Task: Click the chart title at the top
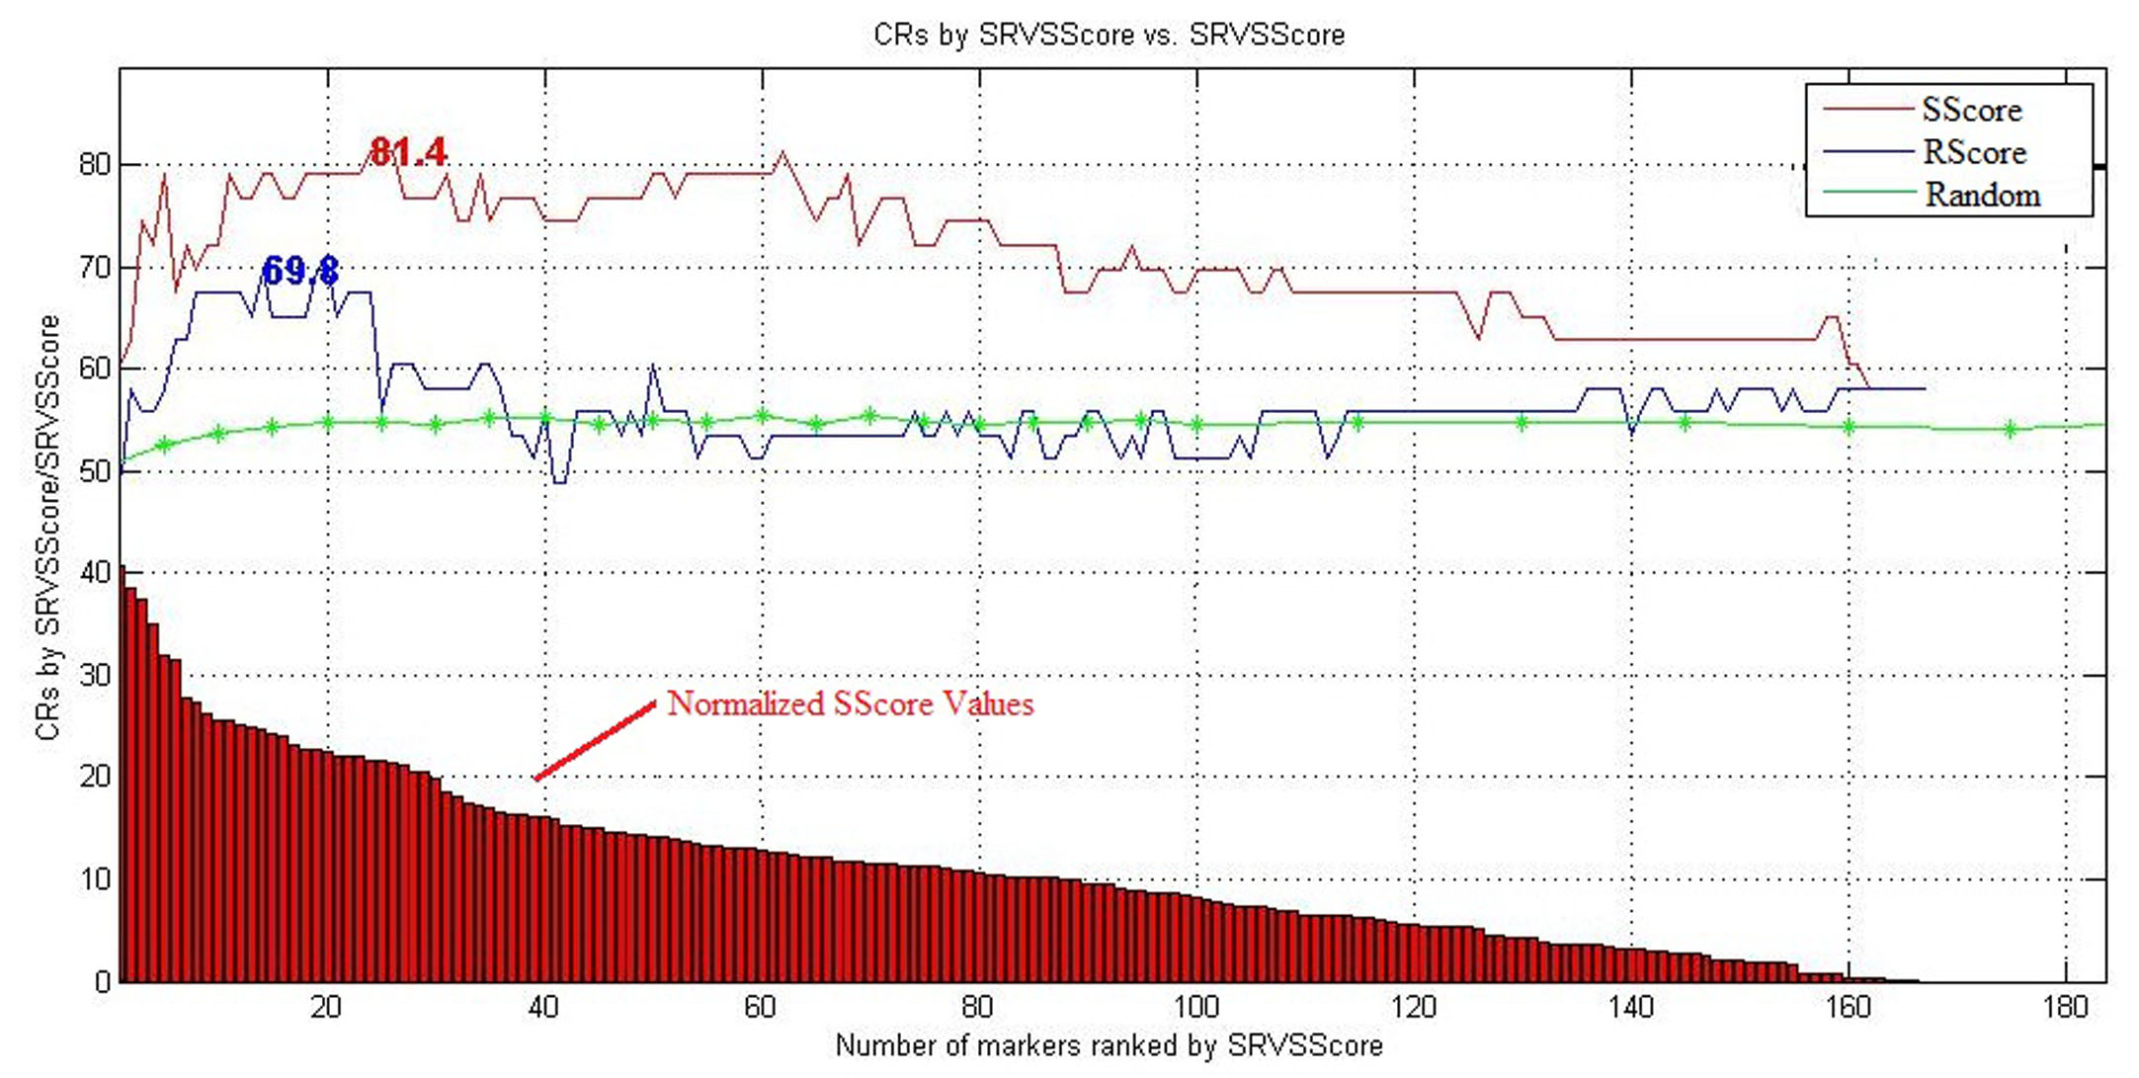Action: [x=1109, y=35]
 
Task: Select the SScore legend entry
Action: [x=1971, y=110]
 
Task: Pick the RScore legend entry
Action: [x=1973, y=152]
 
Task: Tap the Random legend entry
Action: [x=1982, y=195]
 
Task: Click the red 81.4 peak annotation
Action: [x=407, y=152]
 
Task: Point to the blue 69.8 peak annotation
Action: [x=300, y=270]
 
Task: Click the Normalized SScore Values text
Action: [x=850, y=704]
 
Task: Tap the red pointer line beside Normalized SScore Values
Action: [x=595, y=741]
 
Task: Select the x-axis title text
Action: [x=1109, y=1045]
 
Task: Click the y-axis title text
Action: [x=47, y=528]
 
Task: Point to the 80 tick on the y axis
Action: [x=95, y=164]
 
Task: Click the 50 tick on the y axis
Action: [x=95, y=471]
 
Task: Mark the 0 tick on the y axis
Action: [x=102, y=982]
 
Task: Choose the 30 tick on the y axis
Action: [x=95, y=676]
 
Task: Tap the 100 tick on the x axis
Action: [x=1195, y=1008]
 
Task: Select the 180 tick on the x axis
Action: [x=2065, y=1008]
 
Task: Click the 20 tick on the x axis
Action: [x=326, y=1008]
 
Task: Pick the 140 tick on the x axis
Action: [x=1630, y=1008]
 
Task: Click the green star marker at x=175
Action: [x=2011, y=429]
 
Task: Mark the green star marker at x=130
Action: [x=1522, y=423]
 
